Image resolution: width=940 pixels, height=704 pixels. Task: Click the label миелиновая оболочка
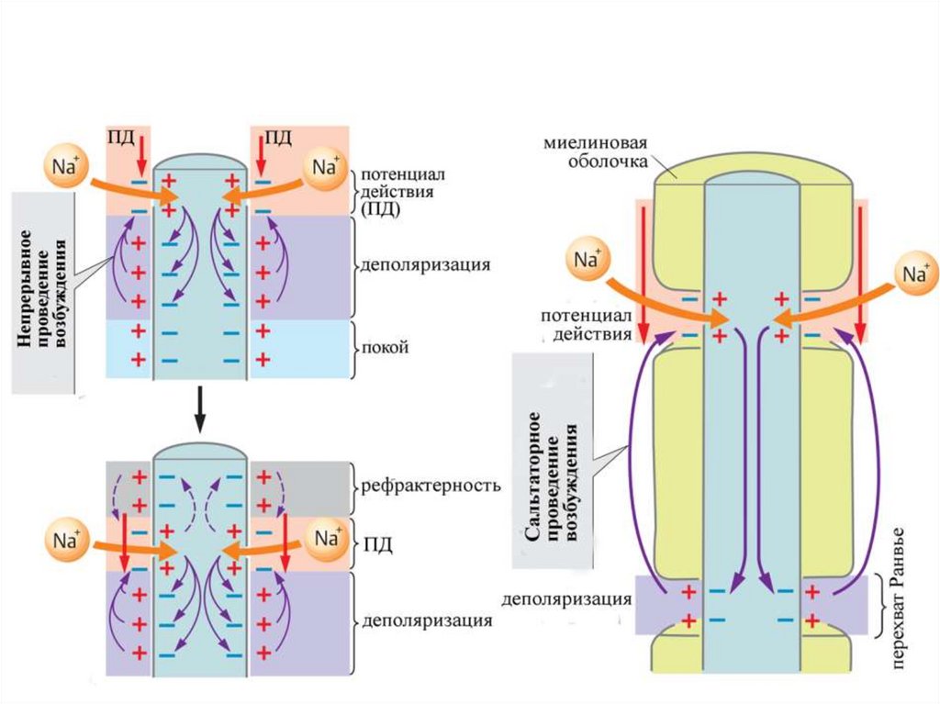[596, 152]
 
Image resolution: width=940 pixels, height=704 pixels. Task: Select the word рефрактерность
[431, 485]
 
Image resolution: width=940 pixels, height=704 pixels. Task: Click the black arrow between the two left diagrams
[199, 411]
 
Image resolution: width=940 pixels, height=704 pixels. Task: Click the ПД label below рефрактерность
[377, 545]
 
